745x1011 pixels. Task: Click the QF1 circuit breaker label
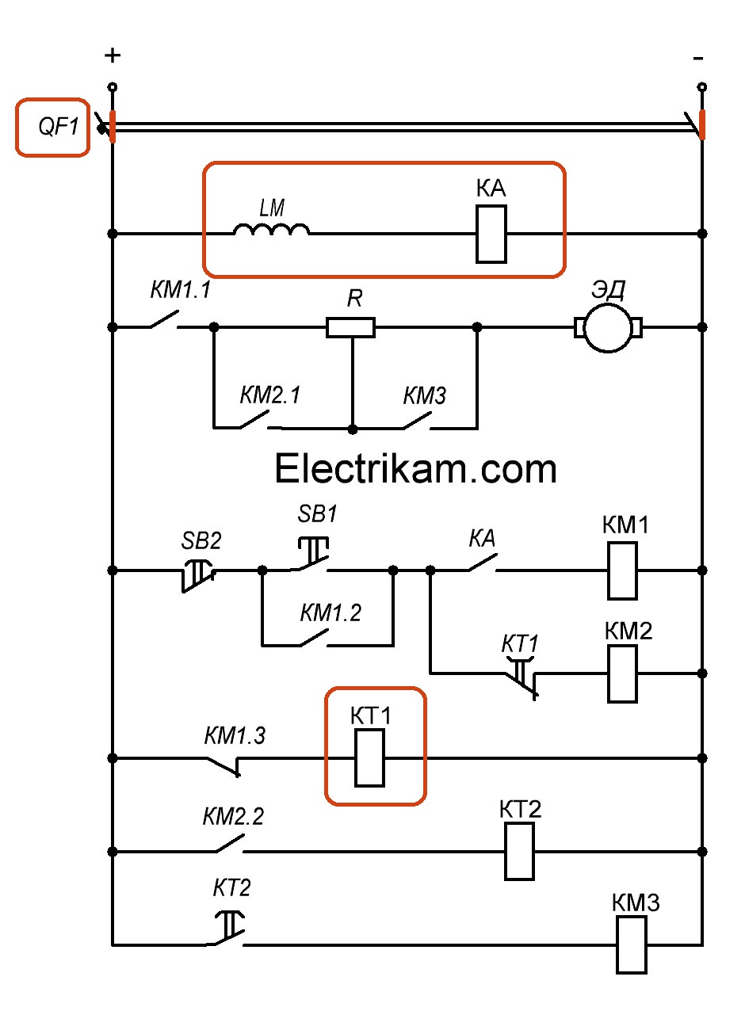tap(54, 127)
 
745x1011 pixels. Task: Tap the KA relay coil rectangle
tap(491, 234)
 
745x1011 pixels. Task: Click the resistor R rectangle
tap(350, 326)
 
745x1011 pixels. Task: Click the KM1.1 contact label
tap(180, 291)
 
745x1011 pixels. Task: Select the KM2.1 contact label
tap(270, 395)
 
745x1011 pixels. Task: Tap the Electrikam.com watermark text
tap(415, 469)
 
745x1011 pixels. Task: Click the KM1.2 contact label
tap(330, 612)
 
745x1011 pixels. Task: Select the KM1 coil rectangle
tap(623, 570)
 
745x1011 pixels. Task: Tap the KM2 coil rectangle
tap(623, 673)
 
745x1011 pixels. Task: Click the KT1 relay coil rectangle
tap(369, 758)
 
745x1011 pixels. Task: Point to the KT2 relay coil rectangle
tap(520, 851)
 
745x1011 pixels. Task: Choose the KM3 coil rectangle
tap(632, 944)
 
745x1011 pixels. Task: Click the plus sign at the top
tap(113, 55)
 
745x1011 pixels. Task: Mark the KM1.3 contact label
tap(235, 736)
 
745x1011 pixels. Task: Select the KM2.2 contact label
tap(234, 818)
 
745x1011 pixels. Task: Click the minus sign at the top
tap(698, 57)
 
